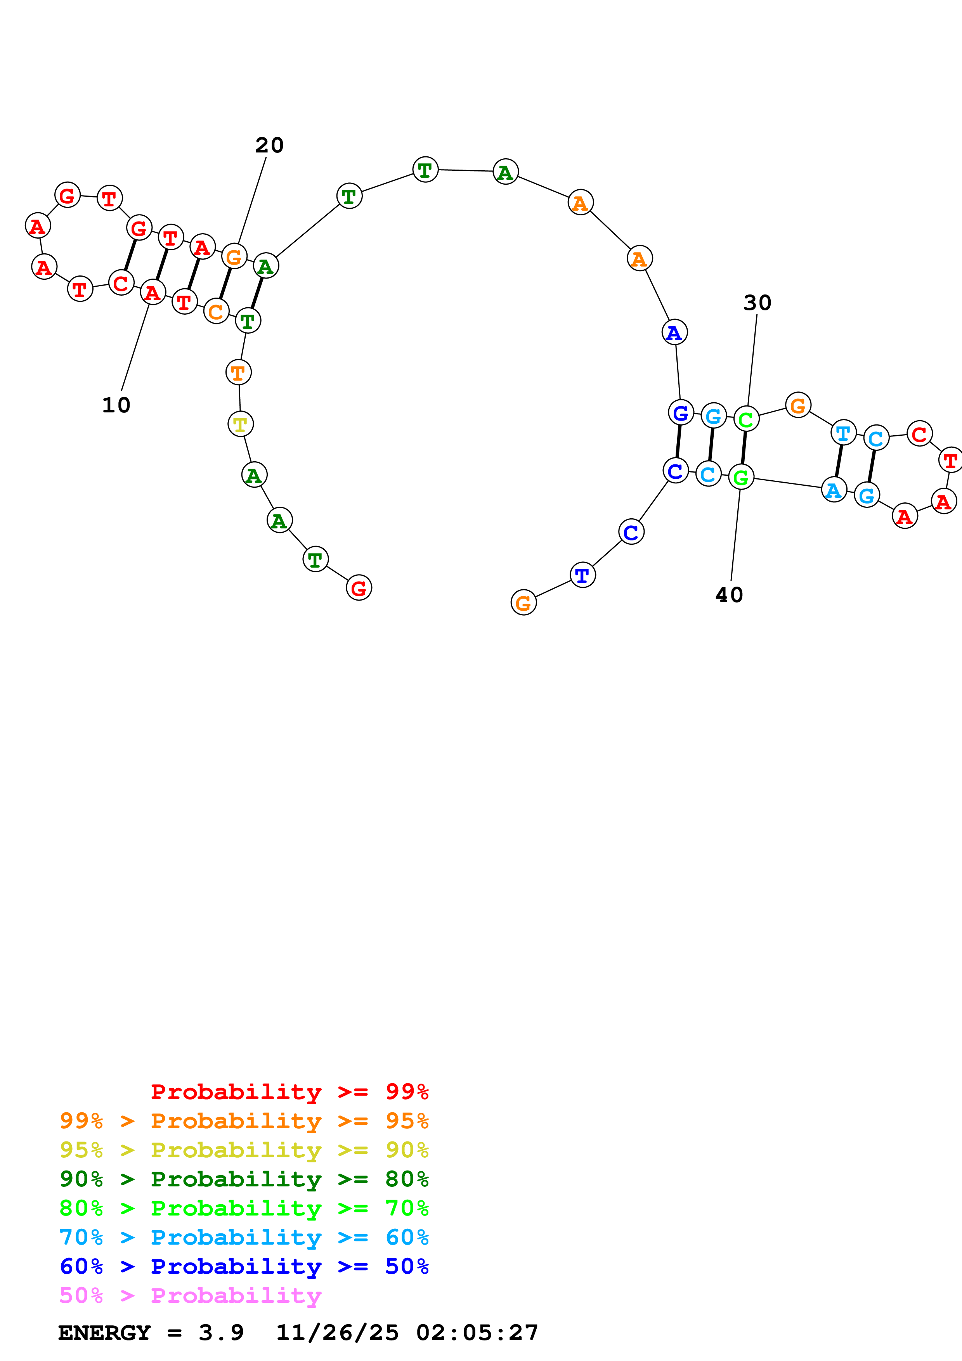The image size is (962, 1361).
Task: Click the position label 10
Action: click(x=116, y=405)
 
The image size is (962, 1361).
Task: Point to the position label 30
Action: click(x=757, y=303)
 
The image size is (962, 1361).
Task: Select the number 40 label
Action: click(x=729, y=595)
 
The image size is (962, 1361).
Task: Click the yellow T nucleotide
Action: click(x=240, y=424)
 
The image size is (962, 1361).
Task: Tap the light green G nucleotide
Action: click(x=741, y=477)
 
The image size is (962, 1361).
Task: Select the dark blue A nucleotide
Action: click(x=674, y=332)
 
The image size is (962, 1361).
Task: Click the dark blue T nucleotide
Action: click(x=582, y=575)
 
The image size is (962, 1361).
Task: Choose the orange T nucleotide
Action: click(x=238, y=373)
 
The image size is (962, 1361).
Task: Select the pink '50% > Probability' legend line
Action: click(x=190, y=1296)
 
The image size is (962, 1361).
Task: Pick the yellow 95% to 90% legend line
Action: click(x=244, y=1151)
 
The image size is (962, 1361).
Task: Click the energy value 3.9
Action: click(x=221, y=1333)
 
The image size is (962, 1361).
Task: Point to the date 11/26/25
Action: click(x=337, y=1333)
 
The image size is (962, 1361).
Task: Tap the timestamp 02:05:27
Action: click(x=477, y=1333)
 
